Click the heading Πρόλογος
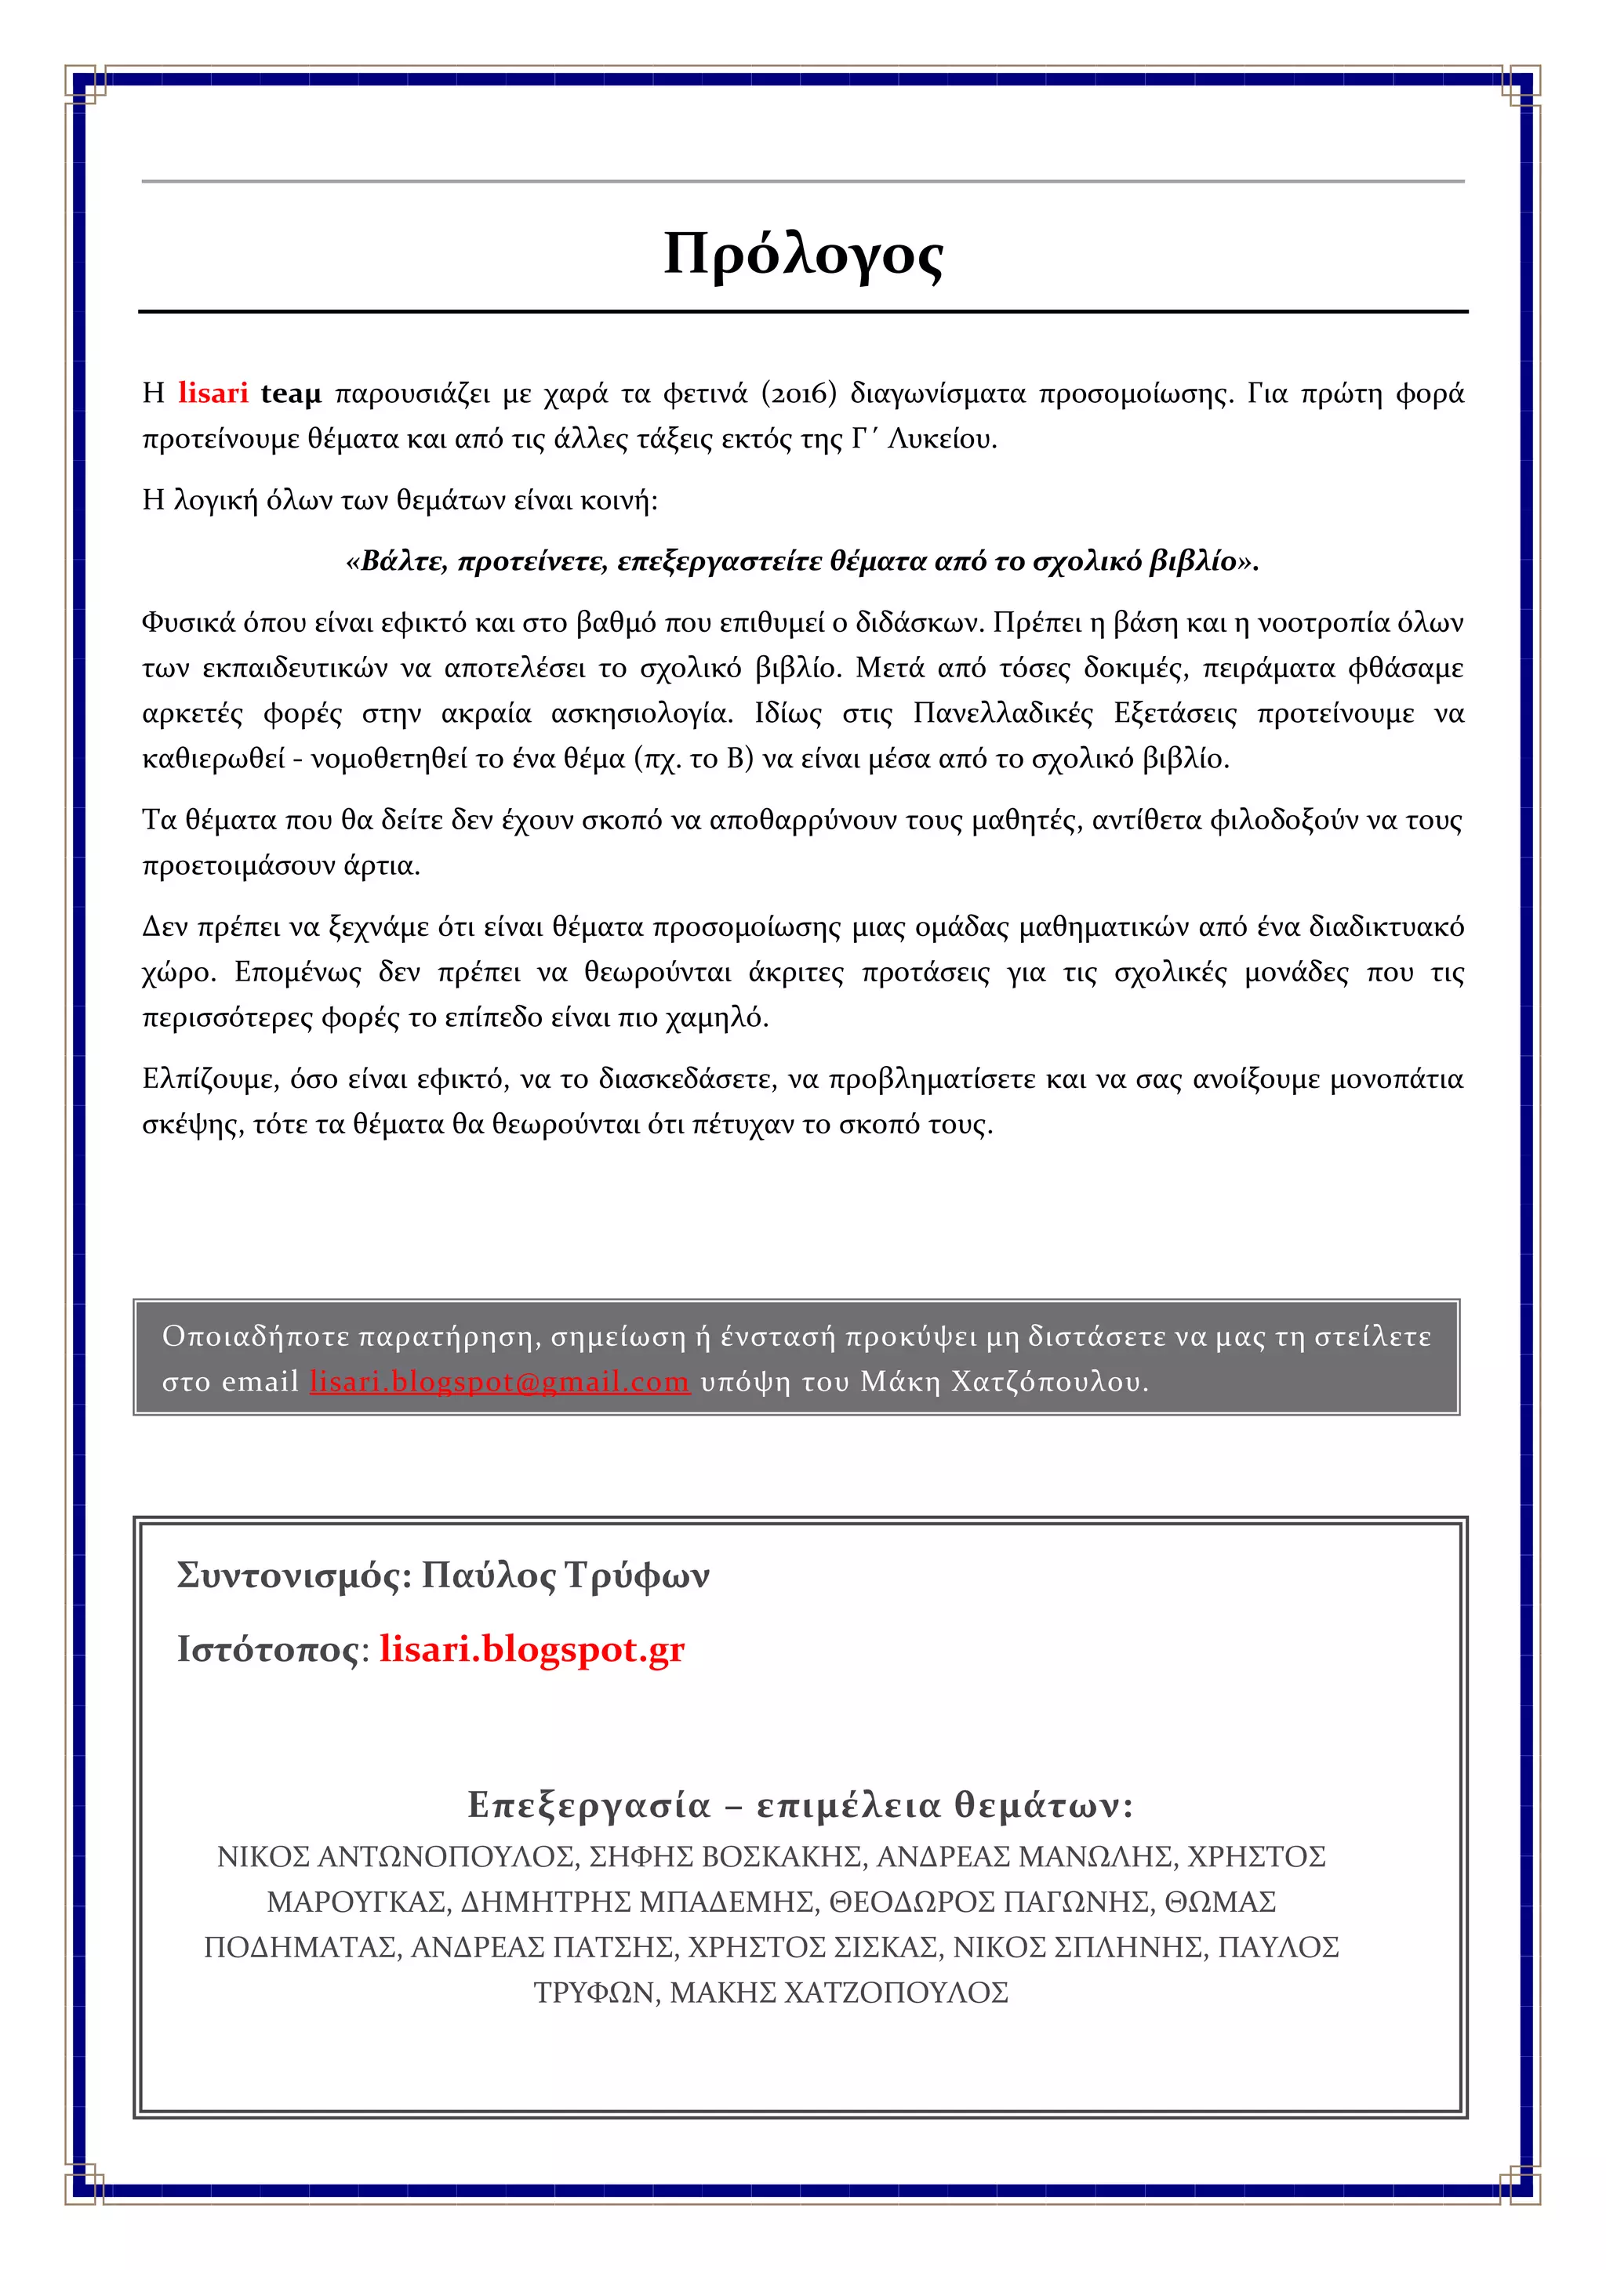tap(803, 254)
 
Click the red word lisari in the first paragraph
tap(213, 393)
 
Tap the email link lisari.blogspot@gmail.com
tap(500, 1381)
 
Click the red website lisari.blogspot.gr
tap(531, 1649)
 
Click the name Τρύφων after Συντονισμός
tap(637, 1575)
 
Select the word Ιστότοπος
tap(267, 1649)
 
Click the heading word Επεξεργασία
tap(590, 1805)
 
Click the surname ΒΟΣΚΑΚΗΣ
tap(783, 1857)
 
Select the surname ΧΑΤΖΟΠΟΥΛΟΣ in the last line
tap(896, 1993)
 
